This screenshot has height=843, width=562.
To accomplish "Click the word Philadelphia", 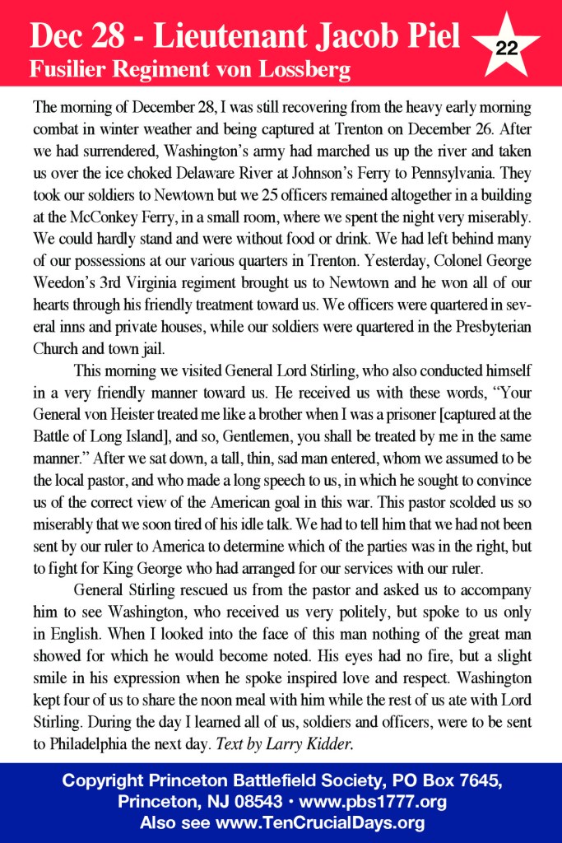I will click(90, 742).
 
